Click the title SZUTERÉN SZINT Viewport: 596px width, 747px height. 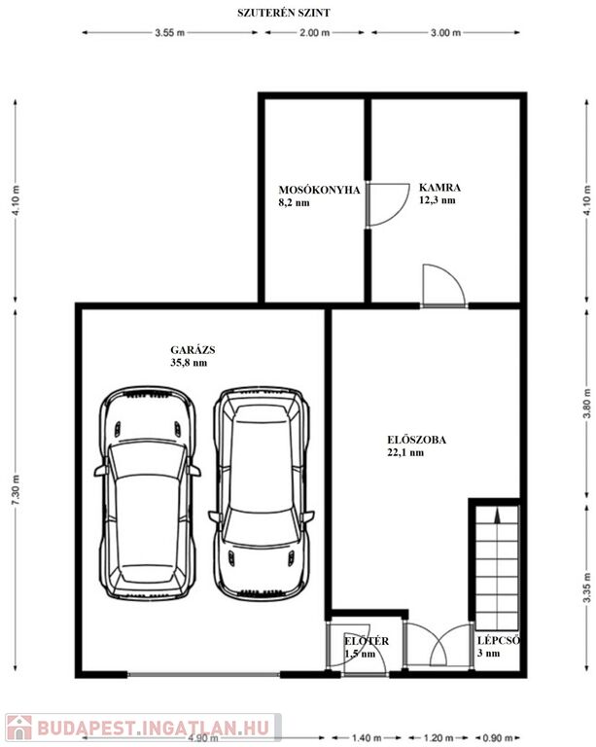click(284, 13)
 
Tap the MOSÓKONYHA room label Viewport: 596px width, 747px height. click(319, 190)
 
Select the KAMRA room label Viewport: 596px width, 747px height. click(439, 187)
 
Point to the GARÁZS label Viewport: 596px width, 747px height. click(193, 350)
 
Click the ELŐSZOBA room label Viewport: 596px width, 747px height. click(416, 440)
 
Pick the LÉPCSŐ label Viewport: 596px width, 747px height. click(499, 641)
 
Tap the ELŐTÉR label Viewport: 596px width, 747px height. click(367, 641)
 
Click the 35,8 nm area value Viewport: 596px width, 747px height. click(189, 363)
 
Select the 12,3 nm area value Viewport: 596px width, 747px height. click(437, 200)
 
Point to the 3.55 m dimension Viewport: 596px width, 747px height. click(169, 33)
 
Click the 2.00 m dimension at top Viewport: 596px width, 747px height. click(314, 33)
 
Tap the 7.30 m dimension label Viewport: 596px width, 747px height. click(16, 490)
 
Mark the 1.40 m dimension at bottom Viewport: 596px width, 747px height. click(367, 738)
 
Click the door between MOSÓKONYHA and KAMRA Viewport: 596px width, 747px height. click(388, 205)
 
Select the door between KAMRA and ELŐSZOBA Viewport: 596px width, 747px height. click(443, 285)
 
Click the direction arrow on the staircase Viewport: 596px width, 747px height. click(498, 516)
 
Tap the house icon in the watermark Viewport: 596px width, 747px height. click(19, 728)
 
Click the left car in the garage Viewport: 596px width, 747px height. click(148, 492)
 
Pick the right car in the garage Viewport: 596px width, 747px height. click(262, 493)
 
